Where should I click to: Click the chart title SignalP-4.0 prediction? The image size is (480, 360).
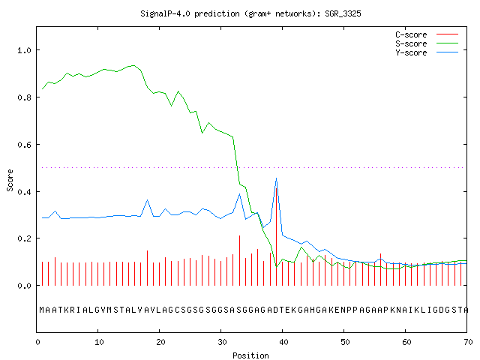[250, 13]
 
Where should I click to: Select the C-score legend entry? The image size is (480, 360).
[427, 34]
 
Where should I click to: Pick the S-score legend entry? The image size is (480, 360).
[427, 43]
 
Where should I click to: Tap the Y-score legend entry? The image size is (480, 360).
[427, 52]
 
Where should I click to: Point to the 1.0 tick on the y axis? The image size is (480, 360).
[25, 50]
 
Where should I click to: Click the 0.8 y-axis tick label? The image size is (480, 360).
[25, 97]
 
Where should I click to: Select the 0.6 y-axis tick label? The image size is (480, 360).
[25, 145]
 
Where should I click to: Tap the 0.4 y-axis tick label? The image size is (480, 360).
[25, 192]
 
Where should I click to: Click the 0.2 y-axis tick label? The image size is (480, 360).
[25, 238]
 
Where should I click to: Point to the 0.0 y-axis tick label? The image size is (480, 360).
[25, 286]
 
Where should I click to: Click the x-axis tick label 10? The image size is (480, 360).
[99, 342]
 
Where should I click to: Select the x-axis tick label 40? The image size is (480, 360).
[283, 342]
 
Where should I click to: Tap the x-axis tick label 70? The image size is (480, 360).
[468, 342]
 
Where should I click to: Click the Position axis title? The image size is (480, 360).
[250, 355]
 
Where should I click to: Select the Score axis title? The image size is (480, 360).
[10, 180]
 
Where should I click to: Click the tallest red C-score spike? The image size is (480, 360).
[277, 235]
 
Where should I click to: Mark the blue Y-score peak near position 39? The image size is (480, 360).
[277, 178]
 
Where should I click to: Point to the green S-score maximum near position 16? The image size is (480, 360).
[133, 65]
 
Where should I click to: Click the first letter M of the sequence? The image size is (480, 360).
[42, 310]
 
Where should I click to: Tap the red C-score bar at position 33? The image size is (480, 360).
[240, 260]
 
